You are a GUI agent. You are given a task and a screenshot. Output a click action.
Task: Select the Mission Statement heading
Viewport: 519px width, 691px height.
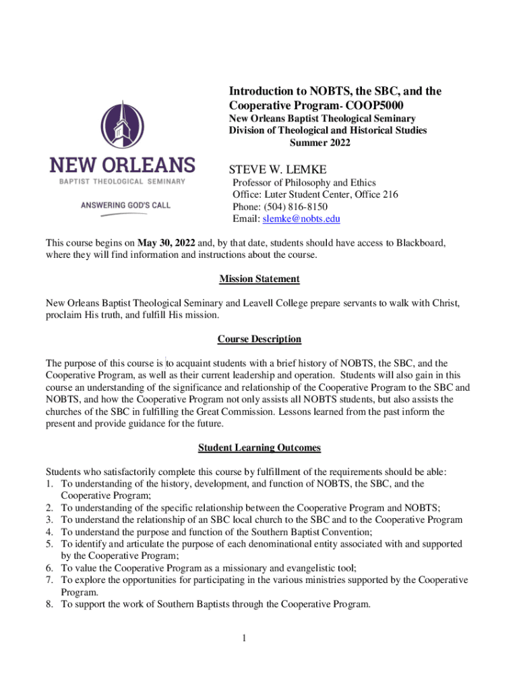tap(259, 279)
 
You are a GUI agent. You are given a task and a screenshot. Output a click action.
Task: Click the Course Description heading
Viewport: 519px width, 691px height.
tap(259, 339)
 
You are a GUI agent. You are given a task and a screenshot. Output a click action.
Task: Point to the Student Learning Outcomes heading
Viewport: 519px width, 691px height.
tap(259, 447)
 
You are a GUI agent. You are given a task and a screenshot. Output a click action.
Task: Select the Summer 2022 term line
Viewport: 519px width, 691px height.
tap(319, 142)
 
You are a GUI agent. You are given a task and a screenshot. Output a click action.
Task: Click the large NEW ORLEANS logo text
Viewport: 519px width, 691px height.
tap(122, 165)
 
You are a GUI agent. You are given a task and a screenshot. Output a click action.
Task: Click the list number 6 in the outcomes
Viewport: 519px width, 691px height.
tap(49, 568)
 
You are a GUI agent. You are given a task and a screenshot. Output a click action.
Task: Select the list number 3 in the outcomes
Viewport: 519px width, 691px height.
tap(49, 520)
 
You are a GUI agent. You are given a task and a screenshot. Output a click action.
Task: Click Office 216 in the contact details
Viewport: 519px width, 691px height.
tap(375, 194)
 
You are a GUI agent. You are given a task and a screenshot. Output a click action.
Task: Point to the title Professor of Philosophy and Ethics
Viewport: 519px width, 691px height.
tap(304, 182)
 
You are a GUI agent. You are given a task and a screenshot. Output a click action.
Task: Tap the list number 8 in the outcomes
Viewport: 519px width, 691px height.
tap(49, 605)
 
